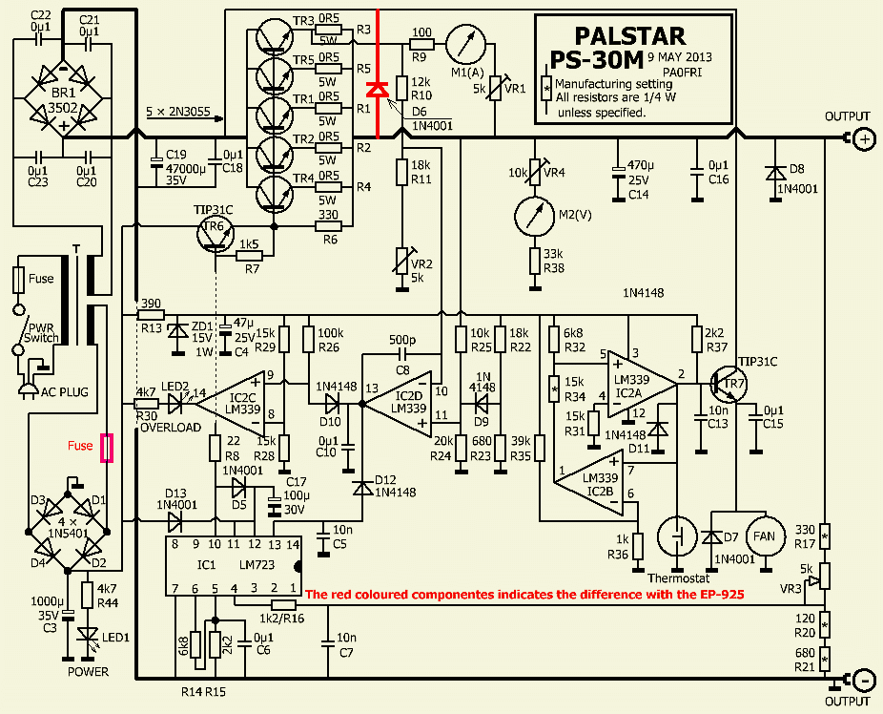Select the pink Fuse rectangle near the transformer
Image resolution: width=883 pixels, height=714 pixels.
[x=107, y=447]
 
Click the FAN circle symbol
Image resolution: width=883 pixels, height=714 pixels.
[x=764, y=535]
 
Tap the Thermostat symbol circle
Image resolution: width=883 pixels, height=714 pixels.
[x=678, y=535]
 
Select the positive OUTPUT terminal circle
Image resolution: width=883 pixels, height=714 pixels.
[x=863, y=139]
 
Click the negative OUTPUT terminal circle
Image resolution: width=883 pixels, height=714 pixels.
[x=863, y=681]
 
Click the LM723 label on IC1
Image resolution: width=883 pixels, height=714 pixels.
[x=257, y=564]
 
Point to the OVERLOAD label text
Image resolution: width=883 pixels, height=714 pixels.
[x=171, y=428]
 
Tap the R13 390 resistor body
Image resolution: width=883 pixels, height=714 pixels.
[x=150, y=312]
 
